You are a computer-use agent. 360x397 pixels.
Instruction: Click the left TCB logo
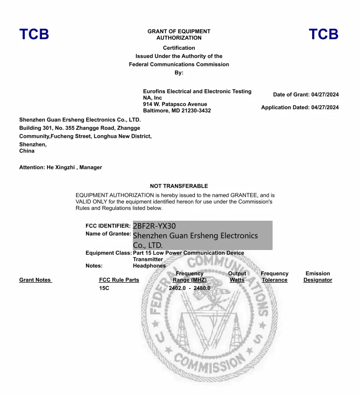pos(34,34)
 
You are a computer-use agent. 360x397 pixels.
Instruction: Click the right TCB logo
pos(323,34)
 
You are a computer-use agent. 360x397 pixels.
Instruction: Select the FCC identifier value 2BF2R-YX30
pos(154,226)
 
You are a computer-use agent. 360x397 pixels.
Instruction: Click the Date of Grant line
pos(306,95)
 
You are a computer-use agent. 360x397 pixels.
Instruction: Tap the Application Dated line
pos(299,107)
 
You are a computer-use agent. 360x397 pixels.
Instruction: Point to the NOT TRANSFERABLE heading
pos(179,186)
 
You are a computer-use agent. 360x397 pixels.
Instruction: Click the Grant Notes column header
pos(35,280)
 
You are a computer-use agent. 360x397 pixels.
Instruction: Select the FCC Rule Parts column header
pos(119,280)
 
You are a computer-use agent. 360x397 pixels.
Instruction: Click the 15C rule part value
pos(104,288)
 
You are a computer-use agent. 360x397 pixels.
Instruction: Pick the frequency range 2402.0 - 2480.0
pos(190,288)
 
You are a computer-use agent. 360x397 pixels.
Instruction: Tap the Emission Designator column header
pos(318,277)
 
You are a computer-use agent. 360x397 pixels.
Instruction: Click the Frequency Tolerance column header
pos(275,277)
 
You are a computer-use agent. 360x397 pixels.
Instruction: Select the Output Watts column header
pos(237,277)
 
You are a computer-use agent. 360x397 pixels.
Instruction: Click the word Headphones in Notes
pos(149,266)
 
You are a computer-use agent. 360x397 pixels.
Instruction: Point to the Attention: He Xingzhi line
pos(61,167)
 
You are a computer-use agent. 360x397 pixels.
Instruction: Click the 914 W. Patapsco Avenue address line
pos(175,104)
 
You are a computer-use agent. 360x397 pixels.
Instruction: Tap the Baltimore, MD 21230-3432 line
pos(177,111)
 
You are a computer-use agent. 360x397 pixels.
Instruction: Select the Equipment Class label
pos(108,253)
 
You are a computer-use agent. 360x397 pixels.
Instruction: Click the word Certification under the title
pos(179,48)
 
